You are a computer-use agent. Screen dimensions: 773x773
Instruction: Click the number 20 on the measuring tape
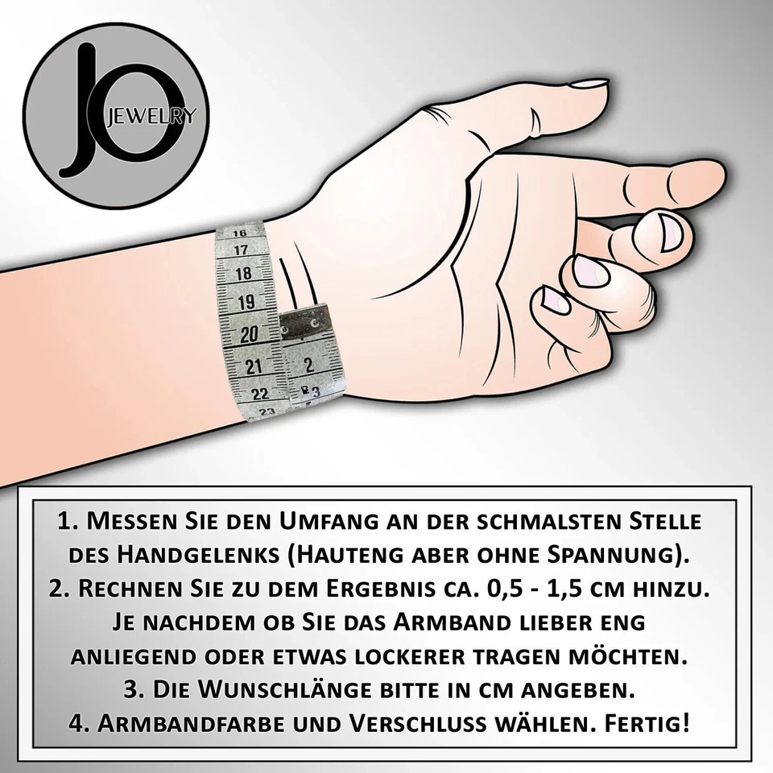click(x=249, y=333)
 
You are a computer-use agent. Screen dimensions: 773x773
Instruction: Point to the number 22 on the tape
click(x=259, y=394)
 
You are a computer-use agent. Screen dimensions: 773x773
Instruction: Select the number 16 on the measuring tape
click(x=239, y=233)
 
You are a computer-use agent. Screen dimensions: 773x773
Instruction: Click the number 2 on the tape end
click(x=308, y=364)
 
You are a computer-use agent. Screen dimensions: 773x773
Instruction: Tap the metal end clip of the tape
click(x=307, y=323)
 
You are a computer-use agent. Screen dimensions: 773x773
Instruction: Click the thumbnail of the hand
click(x=586, y=83)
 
